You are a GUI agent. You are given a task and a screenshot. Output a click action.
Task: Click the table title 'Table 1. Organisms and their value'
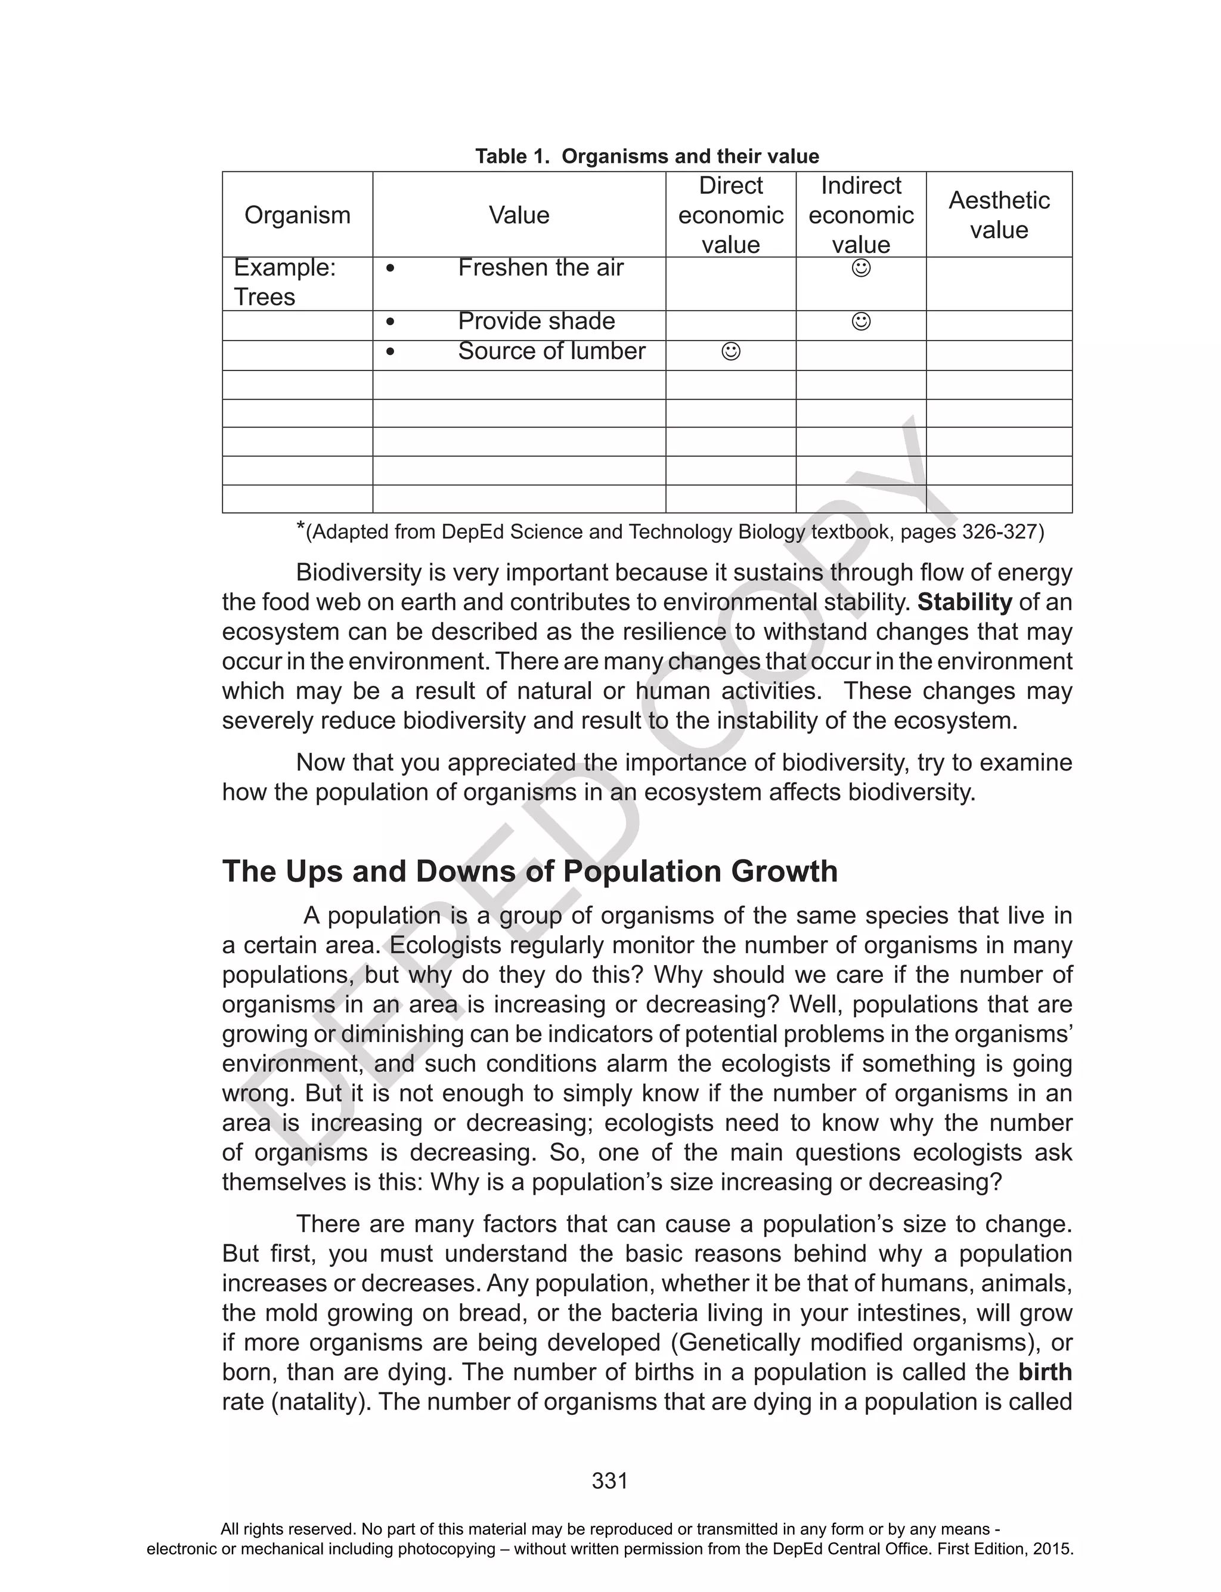pos(646,156)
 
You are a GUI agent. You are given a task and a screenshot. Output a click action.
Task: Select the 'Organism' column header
pos(297,215)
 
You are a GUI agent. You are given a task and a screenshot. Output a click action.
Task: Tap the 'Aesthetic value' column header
pos(999,215)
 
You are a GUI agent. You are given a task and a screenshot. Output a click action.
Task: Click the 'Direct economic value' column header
pos(730,215)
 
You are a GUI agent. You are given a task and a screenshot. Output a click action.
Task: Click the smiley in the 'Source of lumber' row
pos(730,352)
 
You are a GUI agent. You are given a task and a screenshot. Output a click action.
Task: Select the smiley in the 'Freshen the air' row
pos(860,268)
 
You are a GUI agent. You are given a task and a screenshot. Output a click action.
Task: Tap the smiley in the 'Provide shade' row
pos(860,322)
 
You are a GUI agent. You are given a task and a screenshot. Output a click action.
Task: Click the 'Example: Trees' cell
pos(284,282)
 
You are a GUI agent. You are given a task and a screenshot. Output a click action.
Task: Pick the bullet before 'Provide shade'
pos(391,322)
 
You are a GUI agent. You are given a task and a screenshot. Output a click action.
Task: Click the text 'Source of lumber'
pos(551,351)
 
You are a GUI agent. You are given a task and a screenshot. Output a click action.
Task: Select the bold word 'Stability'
pos(965,602)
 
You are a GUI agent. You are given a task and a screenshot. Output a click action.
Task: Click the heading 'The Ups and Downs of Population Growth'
pos(530,871)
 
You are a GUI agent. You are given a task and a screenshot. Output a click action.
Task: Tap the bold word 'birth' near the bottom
pos(1045,1372)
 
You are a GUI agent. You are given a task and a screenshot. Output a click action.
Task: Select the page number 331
pos(610,1481)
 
